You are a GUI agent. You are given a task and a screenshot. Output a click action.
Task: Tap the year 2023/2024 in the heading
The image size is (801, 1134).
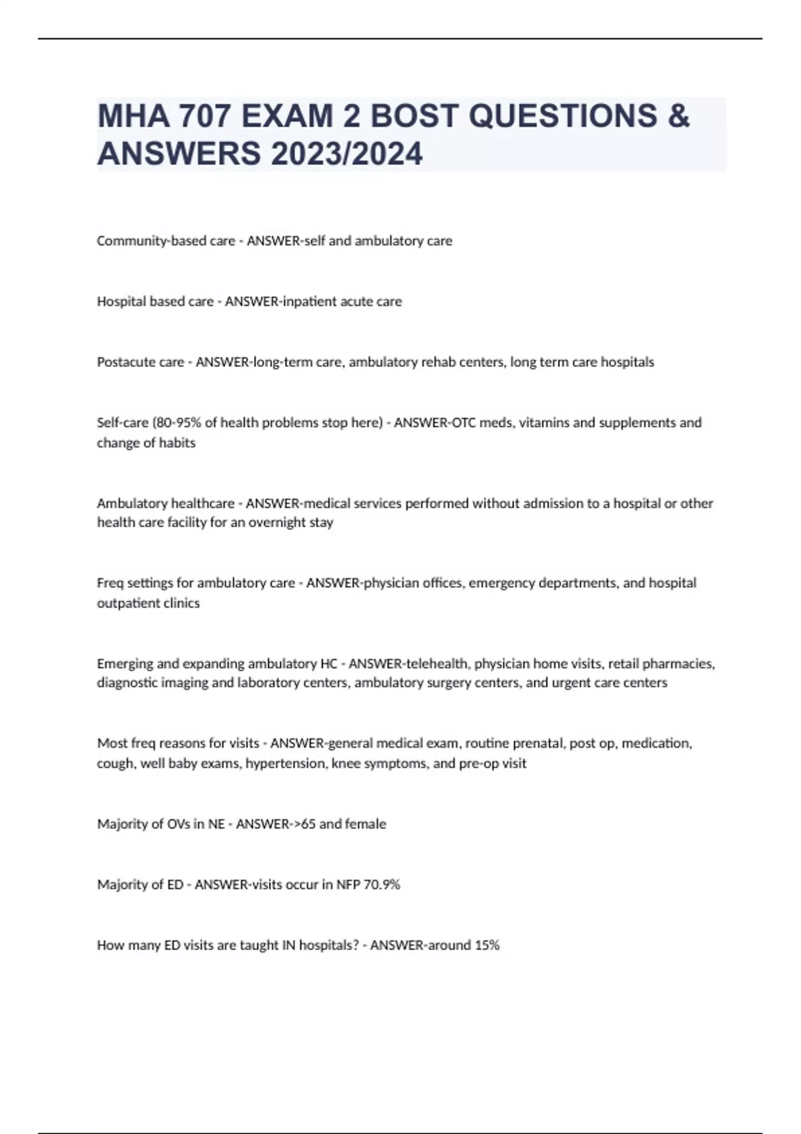(x=346, y=154)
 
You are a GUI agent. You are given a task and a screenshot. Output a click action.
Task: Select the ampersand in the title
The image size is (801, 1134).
(x=678, y=116)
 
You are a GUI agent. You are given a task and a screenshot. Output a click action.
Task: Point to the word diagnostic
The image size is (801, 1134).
(x=127, y=683)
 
